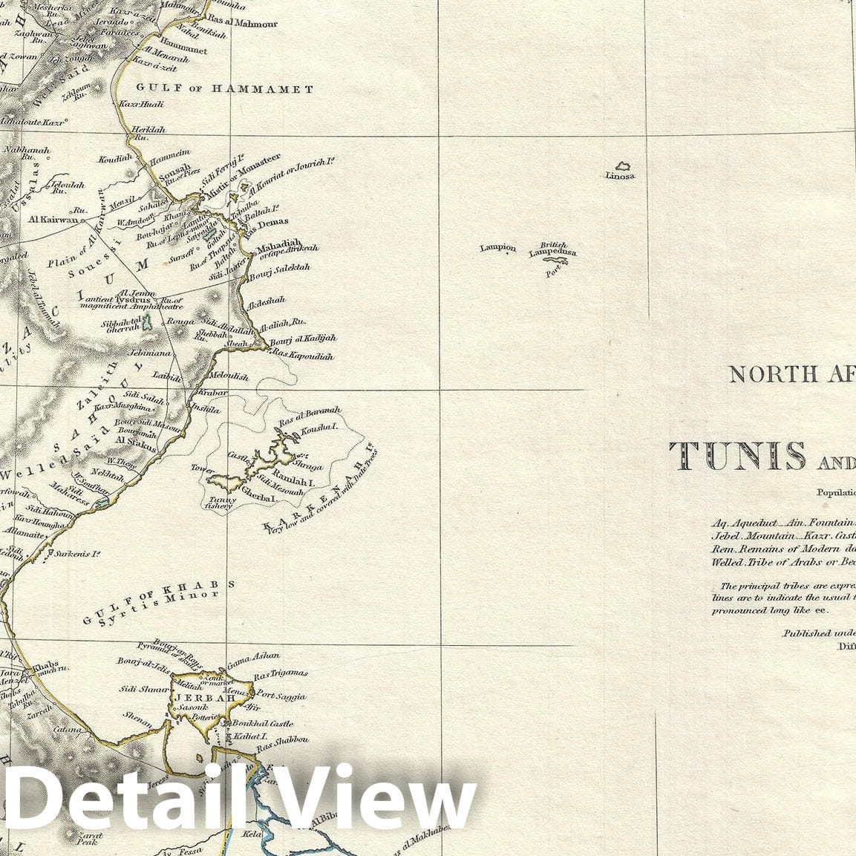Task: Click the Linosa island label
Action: point(620,176)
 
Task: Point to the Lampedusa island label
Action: point(552,253)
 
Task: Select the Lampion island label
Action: point(497,248)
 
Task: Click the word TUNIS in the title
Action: point(737,456)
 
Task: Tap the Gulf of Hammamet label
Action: point(224,89)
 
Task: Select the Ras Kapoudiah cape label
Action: point(303,356)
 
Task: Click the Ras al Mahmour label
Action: point(242,24)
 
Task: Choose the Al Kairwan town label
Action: point(53,220)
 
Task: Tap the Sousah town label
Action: point(171,167)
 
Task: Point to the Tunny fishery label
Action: point(221,503)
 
